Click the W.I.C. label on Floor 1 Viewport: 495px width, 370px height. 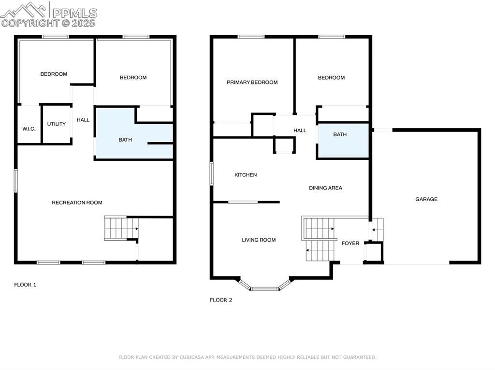pos(29,129)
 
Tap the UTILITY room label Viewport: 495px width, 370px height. pos(57,124)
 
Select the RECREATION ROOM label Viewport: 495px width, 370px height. pos(77,203)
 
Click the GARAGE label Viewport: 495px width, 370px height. pos(426,199)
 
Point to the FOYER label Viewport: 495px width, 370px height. pos(350,243)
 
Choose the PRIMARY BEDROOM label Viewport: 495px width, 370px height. pos(252,82)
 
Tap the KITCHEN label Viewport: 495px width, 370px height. pos(246,175)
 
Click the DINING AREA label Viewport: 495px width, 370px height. pos(325,188)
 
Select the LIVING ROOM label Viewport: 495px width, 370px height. pos(259,240)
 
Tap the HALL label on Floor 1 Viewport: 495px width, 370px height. pos(83,120)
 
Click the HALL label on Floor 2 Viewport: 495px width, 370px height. pos(300,130)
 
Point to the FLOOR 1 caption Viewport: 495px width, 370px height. pos(25,285)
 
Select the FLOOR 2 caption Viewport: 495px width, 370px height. pos(221,300)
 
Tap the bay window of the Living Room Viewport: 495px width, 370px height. pos(264,288)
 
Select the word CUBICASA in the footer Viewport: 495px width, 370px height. pos(193,357)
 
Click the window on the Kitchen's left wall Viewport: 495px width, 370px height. pos(211,173)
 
